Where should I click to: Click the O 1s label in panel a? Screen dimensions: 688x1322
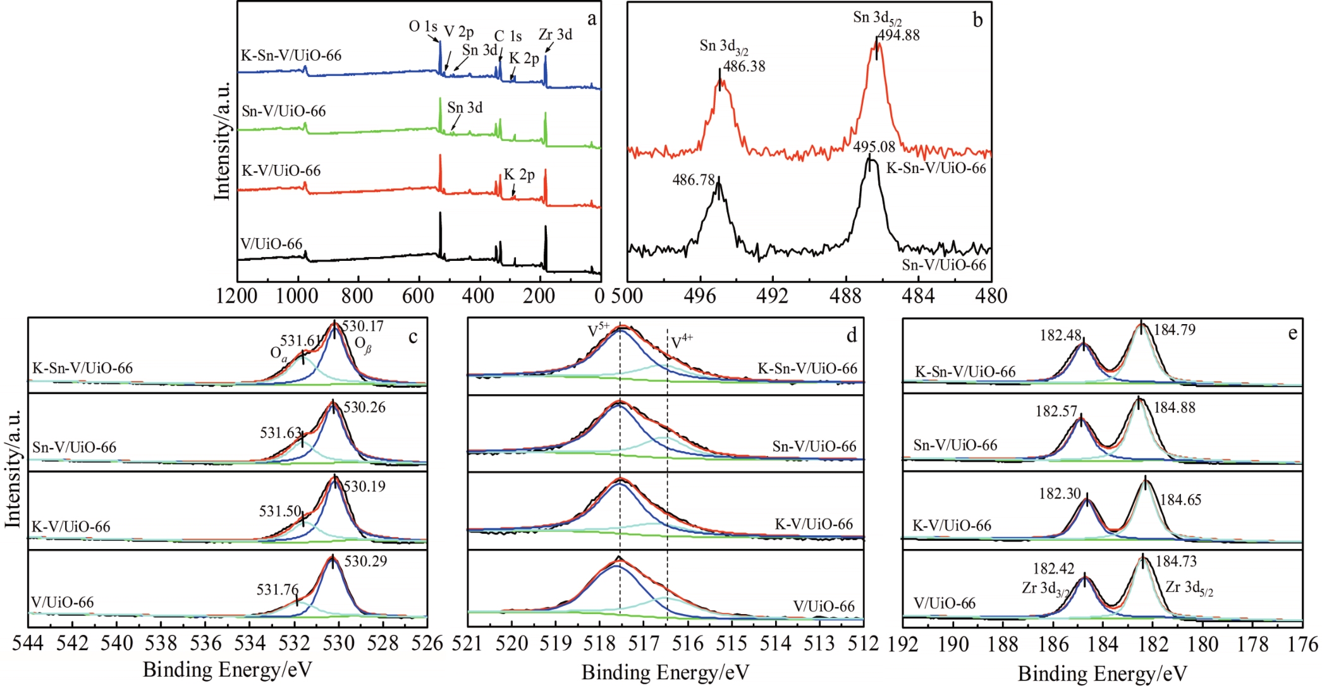coord(422,27)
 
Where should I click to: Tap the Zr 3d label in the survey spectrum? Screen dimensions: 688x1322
coord(555,35)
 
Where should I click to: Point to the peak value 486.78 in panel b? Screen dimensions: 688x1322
coord(694,180)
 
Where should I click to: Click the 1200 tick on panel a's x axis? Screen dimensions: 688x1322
coord(237,296)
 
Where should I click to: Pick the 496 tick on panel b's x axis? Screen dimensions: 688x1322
coord(700,296)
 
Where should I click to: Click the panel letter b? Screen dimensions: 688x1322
coord(977,20)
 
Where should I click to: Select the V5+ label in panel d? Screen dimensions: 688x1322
coord(598,330)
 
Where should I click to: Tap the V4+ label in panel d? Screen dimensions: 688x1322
coord(682,342)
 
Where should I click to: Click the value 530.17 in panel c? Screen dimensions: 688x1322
coord(363,327)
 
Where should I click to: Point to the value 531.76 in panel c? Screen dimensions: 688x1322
coord(278,590)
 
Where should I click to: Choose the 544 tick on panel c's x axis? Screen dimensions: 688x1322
coord(28,643)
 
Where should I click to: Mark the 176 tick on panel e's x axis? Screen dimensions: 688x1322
coord(1302,644)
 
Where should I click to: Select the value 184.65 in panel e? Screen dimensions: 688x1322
coord(1180,500)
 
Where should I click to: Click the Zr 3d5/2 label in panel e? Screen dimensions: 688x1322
coord(1189,588)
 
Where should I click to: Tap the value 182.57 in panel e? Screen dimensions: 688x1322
coord(1056,411)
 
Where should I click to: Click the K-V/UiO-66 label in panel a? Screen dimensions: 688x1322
coord(281,171)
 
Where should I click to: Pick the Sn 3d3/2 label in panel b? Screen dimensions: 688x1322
coord(723,47)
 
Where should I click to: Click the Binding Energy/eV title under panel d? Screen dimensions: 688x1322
coord(665,672)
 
